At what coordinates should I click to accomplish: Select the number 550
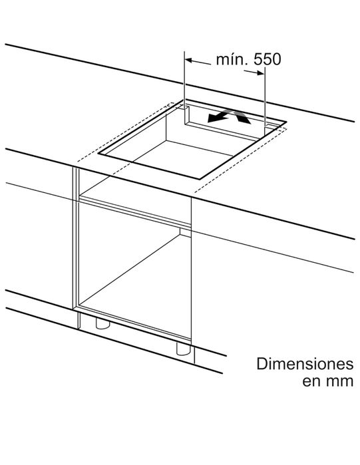[267, 59]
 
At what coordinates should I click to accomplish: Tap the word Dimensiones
[305, 364]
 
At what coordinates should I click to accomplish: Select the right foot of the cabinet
[184, 349]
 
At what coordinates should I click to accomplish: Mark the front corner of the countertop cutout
[199, 180]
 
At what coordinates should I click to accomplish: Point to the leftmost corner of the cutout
[98, 153]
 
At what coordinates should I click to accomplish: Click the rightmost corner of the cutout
[286, 122]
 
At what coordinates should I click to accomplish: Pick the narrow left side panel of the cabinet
[76, 237]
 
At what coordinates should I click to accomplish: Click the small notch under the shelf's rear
[186, 232]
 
